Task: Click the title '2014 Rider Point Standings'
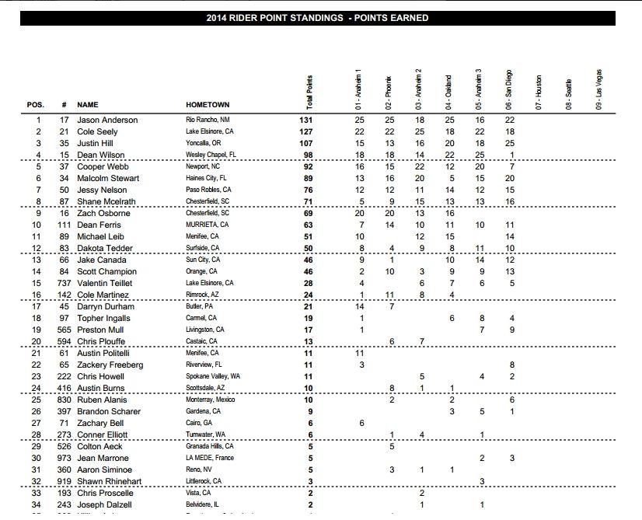tap(317, 18)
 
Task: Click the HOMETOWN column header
tap(208, 104)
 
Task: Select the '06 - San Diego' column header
tap(510, 91)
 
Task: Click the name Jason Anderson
tap(107, 120)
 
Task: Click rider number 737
tap(63, 284)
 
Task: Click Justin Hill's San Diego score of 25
tap(509, 144)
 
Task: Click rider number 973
tap(63, 459)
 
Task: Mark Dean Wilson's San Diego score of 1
tap(510, 155)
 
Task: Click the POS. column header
tap(36, 104)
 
